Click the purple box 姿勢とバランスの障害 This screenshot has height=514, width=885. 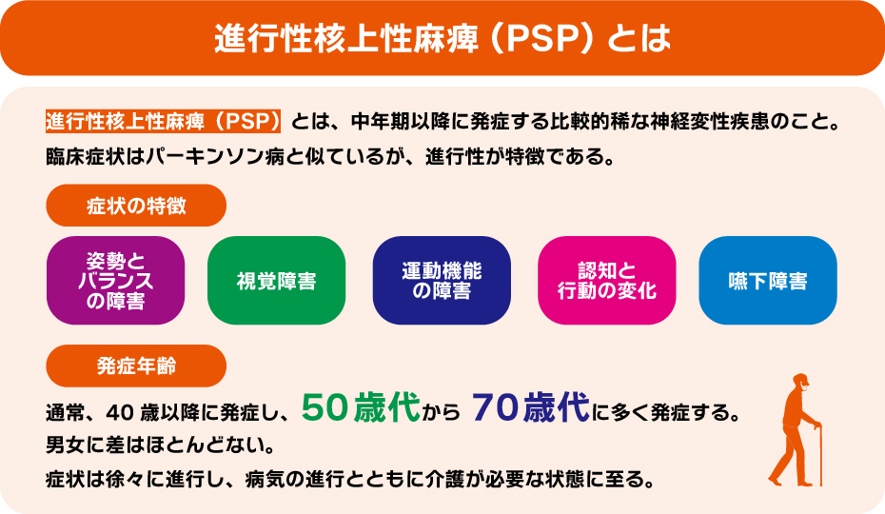(115, 282)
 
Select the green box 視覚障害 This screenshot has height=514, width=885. (276, 282)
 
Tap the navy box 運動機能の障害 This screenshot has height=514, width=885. (442, 282)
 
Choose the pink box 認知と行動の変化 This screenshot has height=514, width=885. (607, 282)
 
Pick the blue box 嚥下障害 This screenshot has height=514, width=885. (768, 282)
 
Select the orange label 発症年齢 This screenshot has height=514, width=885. (136, 366)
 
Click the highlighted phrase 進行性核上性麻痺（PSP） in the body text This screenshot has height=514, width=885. (165, 124)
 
